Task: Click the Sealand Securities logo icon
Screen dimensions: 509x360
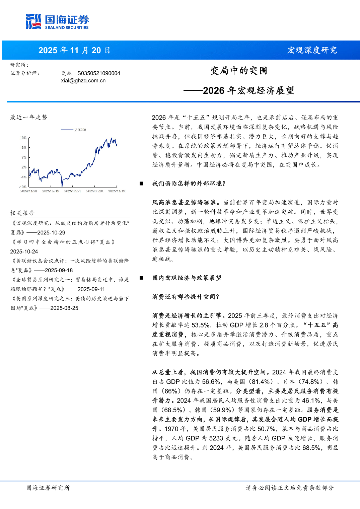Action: click(x=33, y=21)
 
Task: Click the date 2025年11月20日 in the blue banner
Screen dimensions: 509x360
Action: click(x=74, y=51)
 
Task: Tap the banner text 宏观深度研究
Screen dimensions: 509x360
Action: click(x=312, y=50)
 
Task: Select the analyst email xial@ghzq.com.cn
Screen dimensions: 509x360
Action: click(x=83, y=81)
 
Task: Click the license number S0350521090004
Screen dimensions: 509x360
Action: click(x=99, y=73)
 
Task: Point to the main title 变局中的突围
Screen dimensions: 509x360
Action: click(x=239, y=71)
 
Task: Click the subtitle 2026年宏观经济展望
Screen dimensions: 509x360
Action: click(x=248, y=91)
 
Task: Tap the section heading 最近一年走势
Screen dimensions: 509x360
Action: click(x=29, y=117)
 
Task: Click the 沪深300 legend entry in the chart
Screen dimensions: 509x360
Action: click(x=80, y=130)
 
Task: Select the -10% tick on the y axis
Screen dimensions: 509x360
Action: click(x=22, y=187)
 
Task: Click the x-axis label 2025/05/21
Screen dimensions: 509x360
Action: click(x=73, y=191)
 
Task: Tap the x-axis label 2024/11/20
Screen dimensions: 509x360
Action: click(x=29, y=191)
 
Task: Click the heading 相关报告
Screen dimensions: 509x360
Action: click(x=22, y=213)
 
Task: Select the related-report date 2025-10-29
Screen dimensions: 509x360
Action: click(x=51, y=233)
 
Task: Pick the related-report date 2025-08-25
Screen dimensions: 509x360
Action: click(x=64, y=308)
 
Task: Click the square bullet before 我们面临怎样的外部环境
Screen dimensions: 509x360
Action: click(x=142, y=184)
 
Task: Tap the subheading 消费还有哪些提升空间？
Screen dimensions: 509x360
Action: click(x=186, y=297)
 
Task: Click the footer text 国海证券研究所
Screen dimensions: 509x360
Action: click(x=48, y=488)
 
